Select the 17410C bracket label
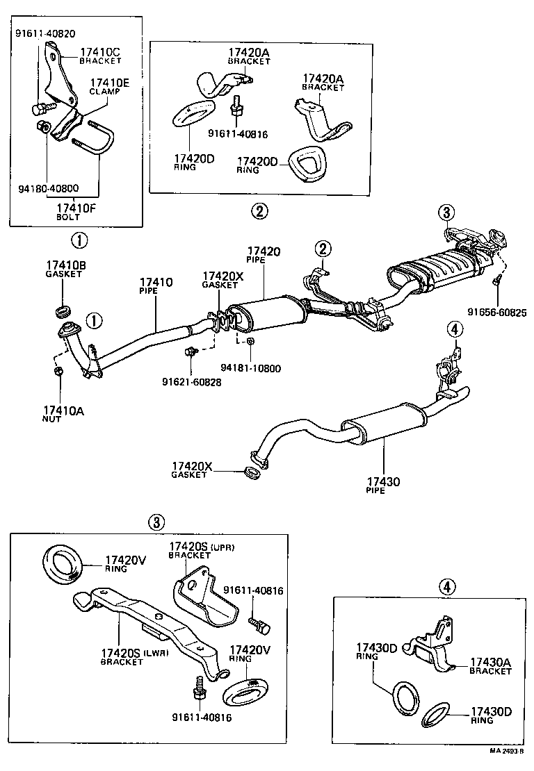101,56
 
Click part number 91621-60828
191,382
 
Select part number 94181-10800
251,368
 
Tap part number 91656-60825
496,313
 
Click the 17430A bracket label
490,666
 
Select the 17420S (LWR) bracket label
134,656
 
